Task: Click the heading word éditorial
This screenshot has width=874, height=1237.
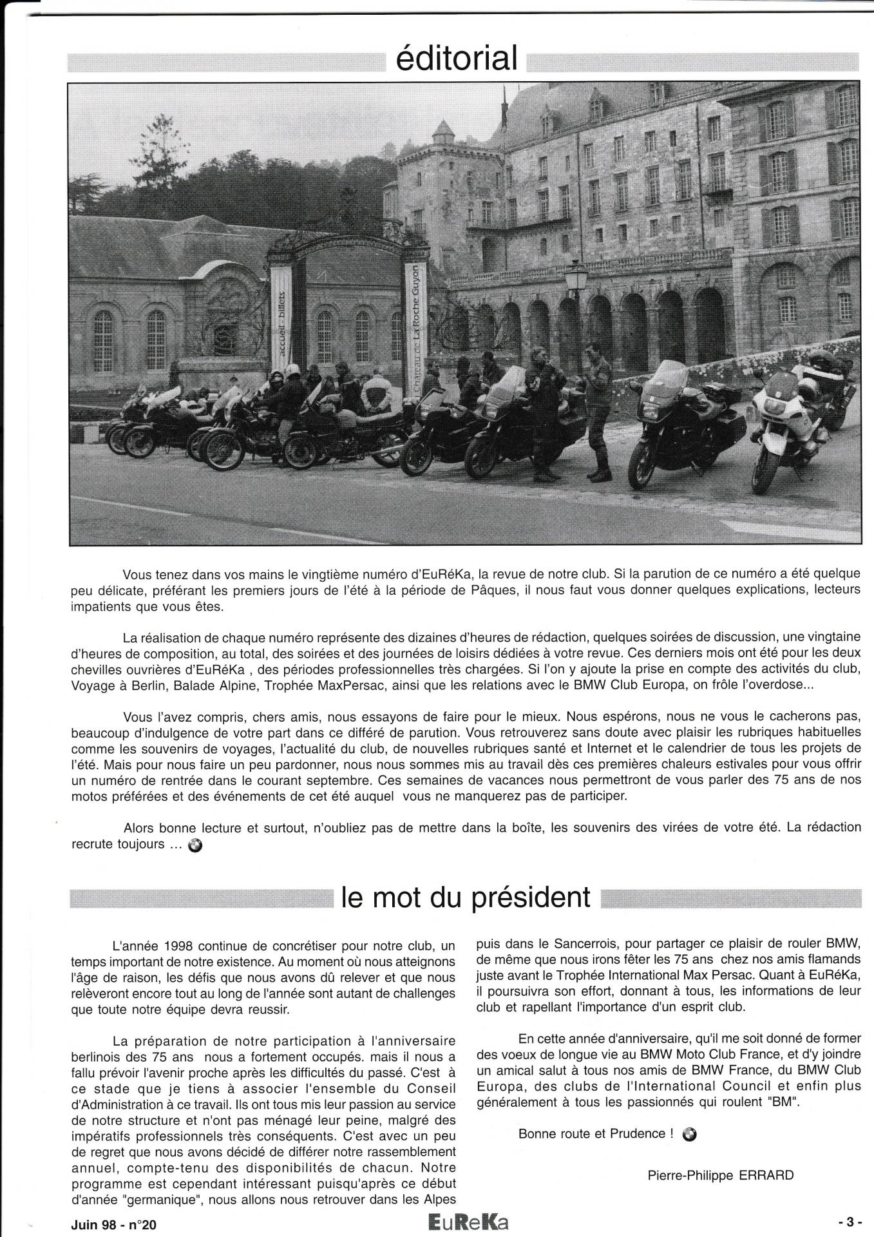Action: tap(457, 58)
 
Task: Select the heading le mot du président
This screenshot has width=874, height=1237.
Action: tap(466, 896)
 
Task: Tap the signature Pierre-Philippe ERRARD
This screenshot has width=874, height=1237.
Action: tap(720, 1175)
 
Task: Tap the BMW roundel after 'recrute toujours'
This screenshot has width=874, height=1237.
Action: tap(195, 846)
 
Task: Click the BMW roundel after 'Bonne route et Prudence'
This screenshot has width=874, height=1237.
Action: tap(690, 1134)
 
